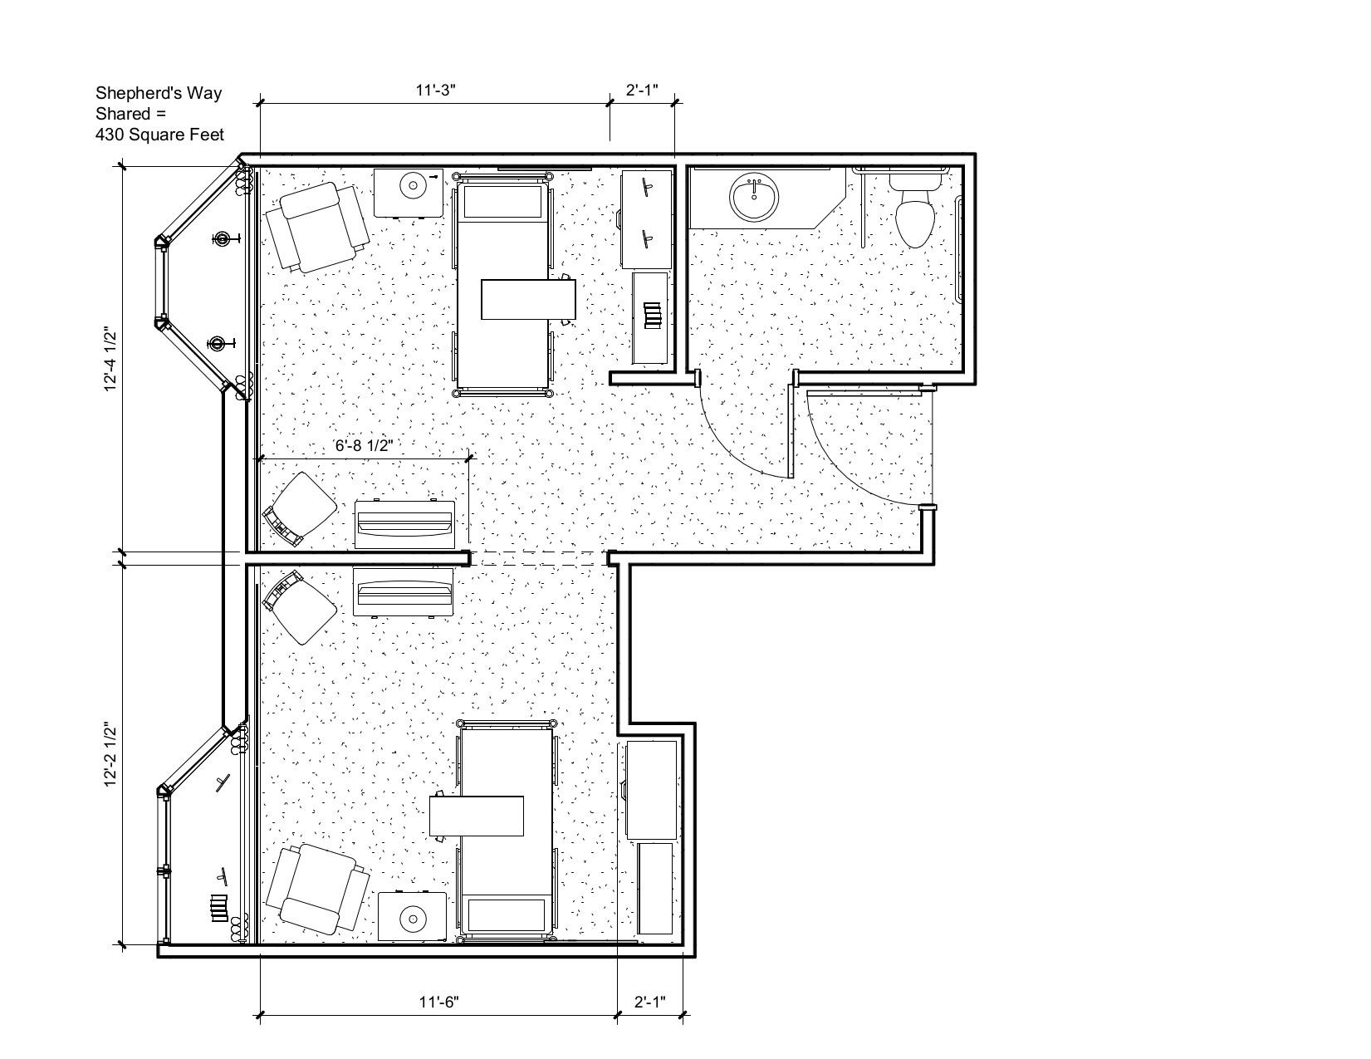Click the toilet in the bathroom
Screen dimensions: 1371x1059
[915, 210]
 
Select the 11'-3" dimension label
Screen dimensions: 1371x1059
[435, 91]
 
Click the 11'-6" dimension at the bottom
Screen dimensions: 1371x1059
[439, 1003]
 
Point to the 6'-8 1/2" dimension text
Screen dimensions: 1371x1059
[364, 445]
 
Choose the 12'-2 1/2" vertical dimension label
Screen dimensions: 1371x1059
[110, 755]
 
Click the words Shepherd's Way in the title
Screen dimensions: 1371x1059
[159, 93]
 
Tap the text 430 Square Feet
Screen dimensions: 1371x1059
[159, 135]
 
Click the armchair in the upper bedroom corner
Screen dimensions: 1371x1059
[317, 228]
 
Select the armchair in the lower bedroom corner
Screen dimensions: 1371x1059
[318, 890]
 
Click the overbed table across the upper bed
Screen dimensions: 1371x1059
[528, 299]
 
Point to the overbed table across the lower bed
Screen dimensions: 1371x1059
[477, 816]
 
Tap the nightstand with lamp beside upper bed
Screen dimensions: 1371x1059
[409, 193]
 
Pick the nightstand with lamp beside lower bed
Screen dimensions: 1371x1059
[413, 916]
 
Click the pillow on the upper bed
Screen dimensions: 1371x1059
[502, 201]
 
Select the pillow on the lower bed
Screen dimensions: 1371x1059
[506, 915]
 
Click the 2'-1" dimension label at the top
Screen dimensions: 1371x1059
[642, 91]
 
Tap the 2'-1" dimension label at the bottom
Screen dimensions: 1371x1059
[650, 1003]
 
